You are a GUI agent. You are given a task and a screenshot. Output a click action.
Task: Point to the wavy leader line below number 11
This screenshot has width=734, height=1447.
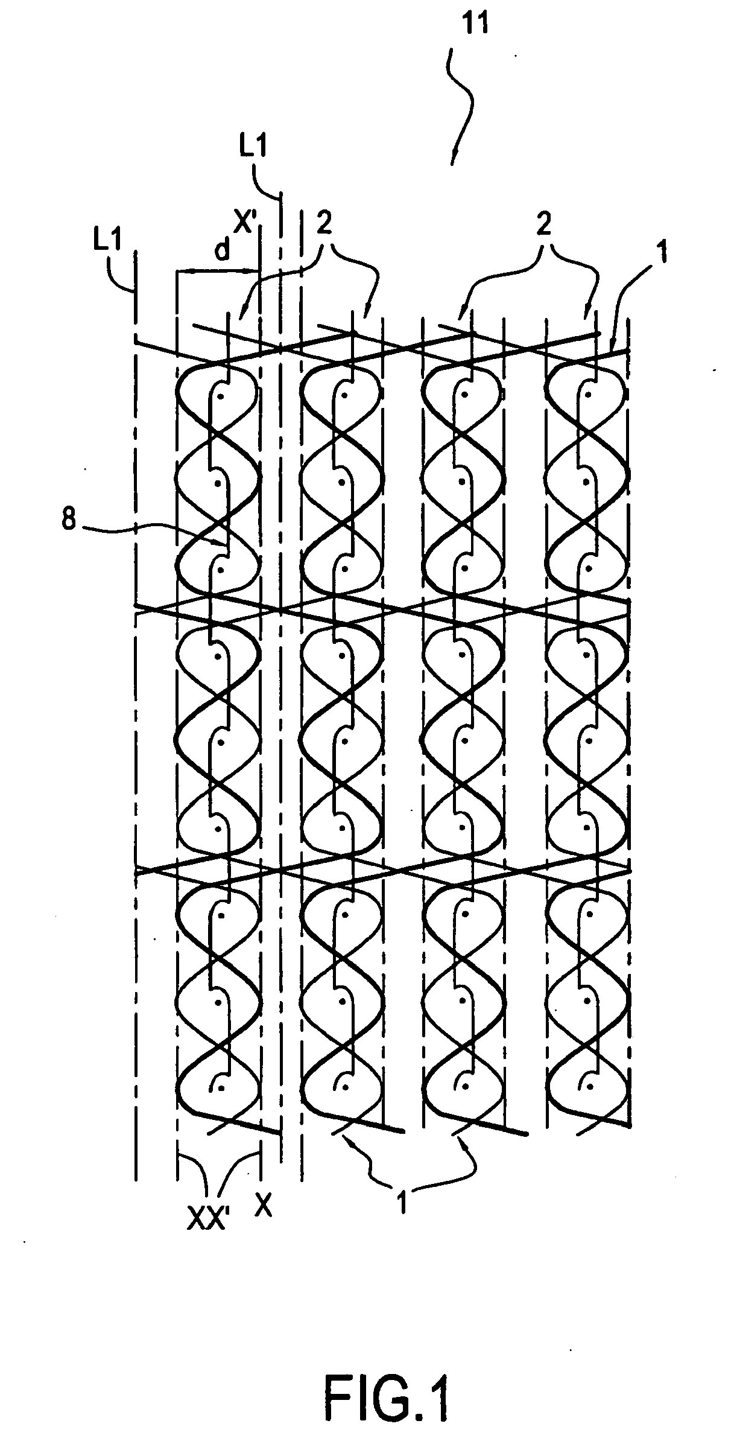coord(462,103)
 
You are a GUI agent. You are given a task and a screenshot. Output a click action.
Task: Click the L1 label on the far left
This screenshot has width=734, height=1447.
coord(108,243)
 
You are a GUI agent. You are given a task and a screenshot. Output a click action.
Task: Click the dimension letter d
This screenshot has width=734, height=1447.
coord(223,250)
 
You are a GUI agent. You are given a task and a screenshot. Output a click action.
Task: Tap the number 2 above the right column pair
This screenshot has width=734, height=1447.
coord(544,225)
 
